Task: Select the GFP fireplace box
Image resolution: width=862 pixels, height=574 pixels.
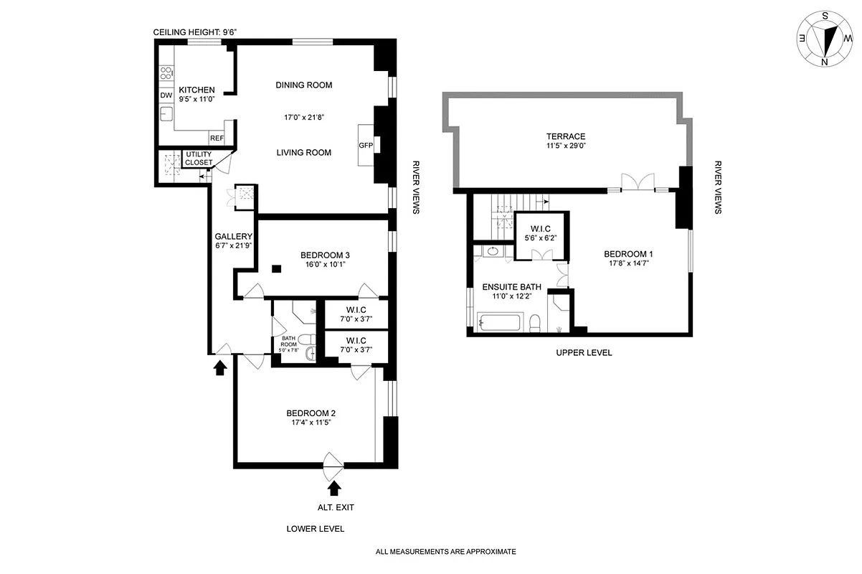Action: coord(366,144)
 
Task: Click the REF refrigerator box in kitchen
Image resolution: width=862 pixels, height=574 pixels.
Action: coord(217,138)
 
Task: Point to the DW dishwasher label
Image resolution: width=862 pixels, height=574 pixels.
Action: coord(166,95)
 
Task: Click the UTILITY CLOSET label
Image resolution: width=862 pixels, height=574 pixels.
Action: coord(199,159)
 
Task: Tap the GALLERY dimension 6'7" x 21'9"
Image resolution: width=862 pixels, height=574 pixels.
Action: coord(233,246)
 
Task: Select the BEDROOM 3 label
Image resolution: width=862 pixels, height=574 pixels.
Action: coord(325,255)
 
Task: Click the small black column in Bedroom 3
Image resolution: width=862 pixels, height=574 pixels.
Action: coord(276,269)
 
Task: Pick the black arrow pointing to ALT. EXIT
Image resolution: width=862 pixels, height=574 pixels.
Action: coord(333,489)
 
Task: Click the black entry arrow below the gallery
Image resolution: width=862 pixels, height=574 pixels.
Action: coord(220,367)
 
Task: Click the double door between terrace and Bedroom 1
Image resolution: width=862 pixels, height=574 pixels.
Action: coord(638,182)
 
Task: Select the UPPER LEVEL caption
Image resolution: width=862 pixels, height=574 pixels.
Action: coord(584,353)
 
